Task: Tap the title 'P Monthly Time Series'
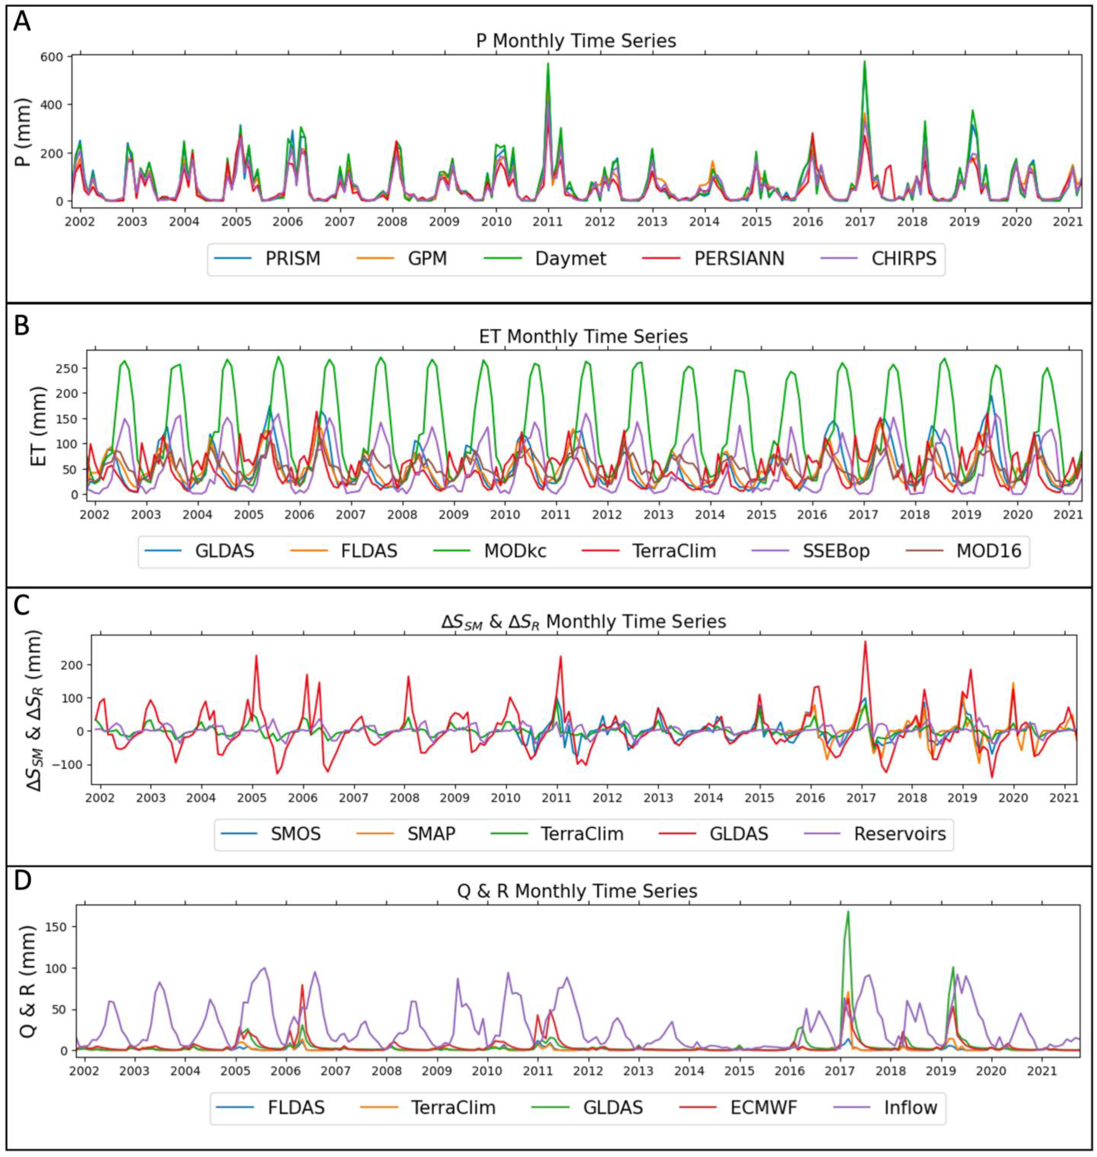click(x=576, y=41)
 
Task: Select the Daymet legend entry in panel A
click(x=570, y=258)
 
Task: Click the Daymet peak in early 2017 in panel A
click(x=864, y=61)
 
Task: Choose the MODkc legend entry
click(x=514, y=551)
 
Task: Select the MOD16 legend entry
click(x=988, y=551)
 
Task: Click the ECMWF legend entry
click(x=763, y=1107)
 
